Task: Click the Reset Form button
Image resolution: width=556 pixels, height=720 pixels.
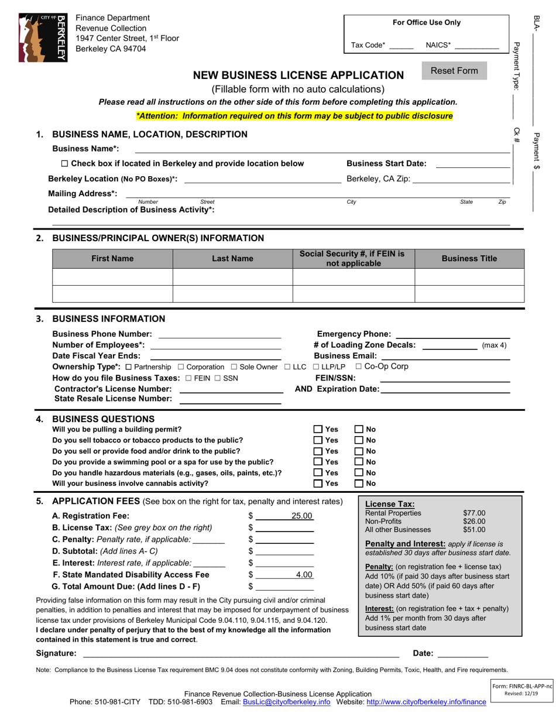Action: (x=454, y=71)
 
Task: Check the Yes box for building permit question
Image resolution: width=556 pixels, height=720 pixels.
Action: (x=318, y=430)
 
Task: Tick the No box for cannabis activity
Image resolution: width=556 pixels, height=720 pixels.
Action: (x=359, y=484)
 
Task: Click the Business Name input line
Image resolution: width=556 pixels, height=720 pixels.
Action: (x=322, y=150)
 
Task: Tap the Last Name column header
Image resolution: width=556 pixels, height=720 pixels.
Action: (x=232, y=259)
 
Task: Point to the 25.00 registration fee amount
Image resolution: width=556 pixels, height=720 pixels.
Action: (x=303, y=516)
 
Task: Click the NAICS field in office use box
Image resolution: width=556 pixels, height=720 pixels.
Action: (x=476, y=45)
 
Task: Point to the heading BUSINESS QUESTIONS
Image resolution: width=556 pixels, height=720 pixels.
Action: (x=103, y=419)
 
